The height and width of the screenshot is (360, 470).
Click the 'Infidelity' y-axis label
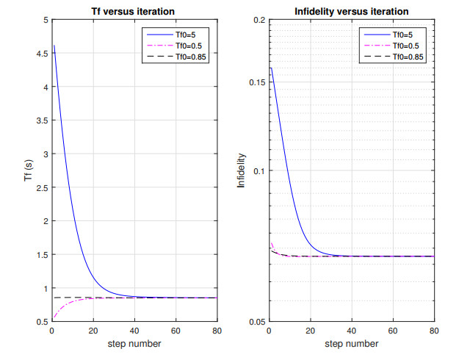(241, 170)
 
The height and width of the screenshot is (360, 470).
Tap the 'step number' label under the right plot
(352, 344)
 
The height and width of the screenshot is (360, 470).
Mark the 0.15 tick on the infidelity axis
(256, 82)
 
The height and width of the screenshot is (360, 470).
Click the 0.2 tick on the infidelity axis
(259, 20)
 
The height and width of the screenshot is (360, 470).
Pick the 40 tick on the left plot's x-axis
(134, 332)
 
